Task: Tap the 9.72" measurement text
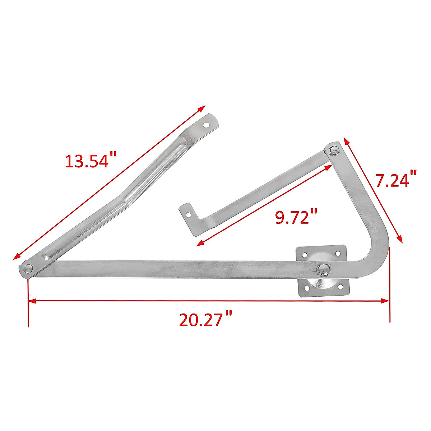(296, 217)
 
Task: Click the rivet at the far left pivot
(28, 268)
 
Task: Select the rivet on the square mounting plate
(323, 269)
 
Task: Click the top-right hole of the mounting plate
(338, 254)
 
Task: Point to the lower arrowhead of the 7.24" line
(400, 240)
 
